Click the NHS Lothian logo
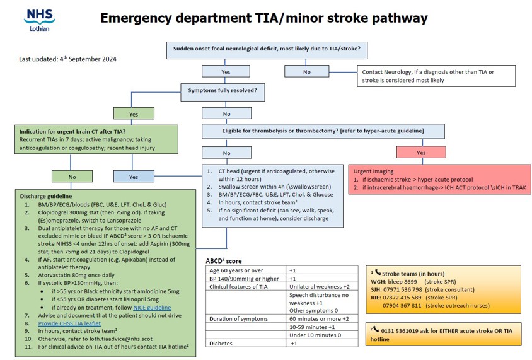(39, 20)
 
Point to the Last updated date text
(67, 59)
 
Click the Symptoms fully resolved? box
(223, 91)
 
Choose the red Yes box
(421, 152)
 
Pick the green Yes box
(134, 114)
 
